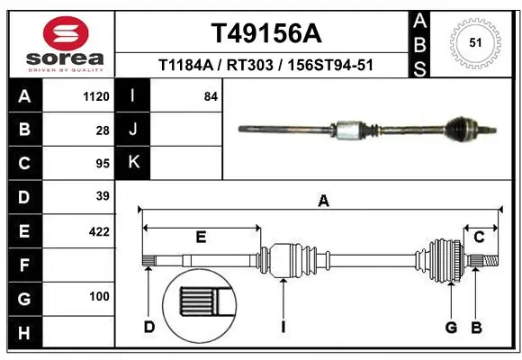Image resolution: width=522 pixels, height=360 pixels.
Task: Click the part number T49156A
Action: click(x=265, y=33)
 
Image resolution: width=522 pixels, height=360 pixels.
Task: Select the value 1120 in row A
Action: click(x=95, y=96)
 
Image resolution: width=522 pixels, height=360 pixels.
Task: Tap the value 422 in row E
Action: click(x=98, y=231)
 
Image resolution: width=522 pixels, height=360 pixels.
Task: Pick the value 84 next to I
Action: click(x=211, y=96)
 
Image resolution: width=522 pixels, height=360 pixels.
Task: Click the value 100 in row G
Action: click(x=99, y=296)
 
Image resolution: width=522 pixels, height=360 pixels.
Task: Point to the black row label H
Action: click(x=23, y=335)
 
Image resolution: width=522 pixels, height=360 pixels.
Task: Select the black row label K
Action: click(x=133, y=163)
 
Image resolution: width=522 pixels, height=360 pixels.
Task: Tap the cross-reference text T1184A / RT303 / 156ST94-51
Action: click(x=265, y=66)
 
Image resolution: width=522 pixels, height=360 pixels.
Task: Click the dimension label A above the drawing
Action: click(x=323, y=202)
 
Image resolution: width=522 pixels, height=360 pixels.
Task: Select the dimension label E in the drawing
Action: click(x=201, y=238)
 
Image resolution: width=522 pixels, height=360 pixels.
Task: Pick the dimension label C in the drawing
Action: click(x=480, y=237)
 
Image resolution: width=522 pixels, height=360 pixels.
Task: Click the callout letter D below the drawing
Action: click(x=149, y=327)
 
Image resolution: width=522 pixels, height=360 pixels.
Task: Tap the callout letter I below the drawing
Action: click(x=283, y=327)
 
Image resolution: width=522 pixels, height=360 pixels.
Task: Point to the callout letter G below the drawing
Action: click(x=452, y=326)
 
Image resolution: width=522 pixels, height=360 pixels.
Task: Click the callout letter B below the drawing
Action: click(x=477, y=326)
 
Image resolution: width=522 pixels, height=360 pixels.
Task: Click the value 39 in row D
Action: click(x=102, y=196)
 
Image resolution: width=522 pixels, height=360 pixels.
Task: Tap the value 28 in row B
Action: click(x=102, y=130)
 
